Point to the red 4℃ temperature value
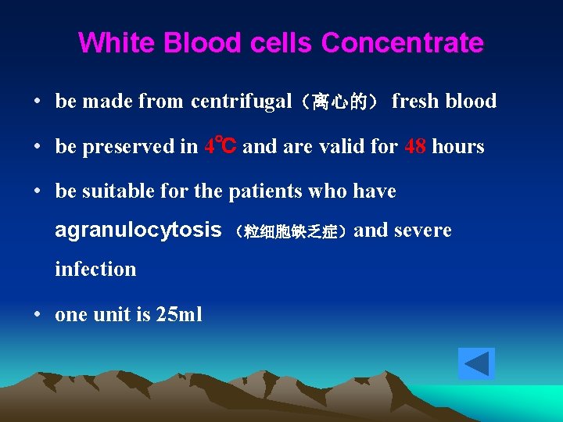pos(221,146)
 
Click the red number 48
pos(415,146)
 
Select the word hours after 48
pos(458,146)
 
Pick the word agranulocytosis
pos(138,230)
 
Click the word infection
pos(95,270)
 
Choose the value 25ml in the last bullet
pos(179,314)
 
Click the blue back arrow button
pos(476,364)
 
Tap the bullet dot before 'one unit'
pos(38,315)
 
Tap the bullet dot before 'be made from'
pos(38,102)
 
